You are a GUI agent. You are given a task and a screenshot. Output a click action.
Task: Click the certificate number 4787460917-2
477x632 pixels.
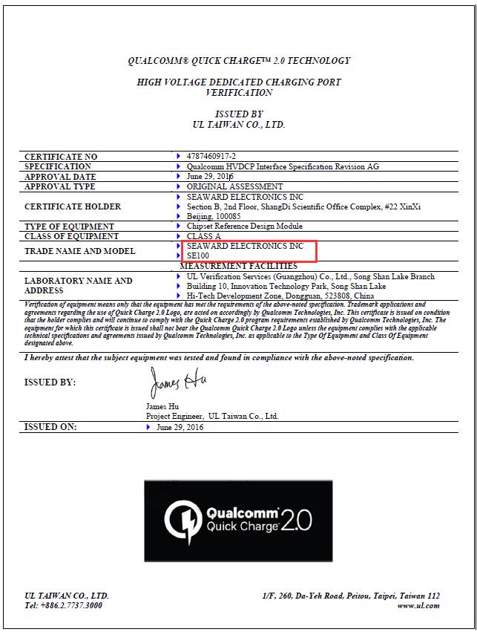click(x=213, y=157)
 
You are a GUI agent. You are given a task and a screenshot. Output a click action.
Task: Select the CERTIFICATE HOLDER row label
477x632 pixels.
click(x=73, y=206)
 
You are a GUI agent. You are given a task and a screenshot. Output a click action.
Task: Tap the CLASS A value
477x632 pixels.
click(x=204, y=236)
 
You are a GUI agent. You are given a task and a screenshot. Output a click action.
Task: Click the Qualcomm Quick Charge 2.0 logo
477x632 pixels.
click(x=238, y=521)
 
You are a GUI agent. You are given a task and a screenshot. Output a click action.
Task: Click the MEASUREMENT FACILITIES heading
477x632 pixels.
click(x=238, y=266)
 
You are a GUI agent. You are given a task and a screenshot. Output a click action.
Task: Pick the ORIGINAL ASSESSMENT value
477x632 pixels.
click(x=234, y=186)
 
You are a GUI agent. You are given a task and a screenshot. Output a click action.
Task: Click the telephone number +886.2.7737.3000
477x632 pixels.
click(x=63, y=606)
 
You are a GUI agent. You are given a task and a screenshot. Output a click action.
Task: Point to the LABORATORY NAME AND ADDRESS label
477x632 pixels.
click(x=78, y=286)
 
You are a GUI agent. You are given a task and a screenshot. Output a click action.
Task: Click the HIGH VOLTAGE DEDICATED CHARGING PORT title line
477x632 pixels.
click(x=238, y=82)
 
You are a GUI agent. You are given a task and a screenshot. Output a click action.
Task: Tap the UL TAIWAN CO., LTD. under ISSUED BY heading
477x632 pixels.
click(x=238, y=125)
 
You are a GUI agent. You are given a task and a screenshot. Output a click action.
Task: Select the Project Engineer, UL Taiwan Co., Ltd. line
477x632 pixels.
click(x=212, y=417)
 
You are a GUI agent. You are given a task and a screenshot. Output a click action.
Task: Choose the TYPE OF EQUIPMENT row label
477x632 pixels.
click(x=69, y=227)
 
